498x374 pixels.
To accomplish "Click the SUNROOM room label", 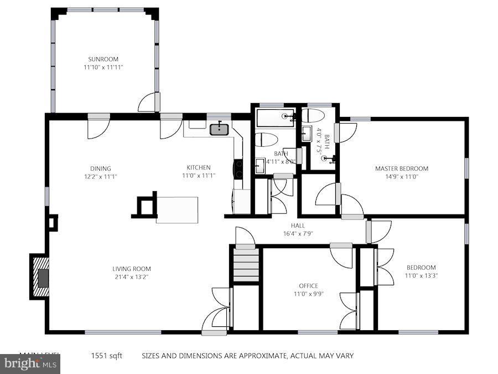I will tap(103, 59).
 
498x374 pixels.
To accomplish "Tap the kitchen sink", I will tap(220, 130).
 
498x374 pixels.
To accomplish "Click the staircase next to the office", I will tap(246, 265).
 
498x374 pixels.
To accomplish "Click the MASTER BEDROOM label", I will tap(401, 168).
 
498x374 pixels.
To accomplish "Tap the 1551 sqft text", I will tap(107, 356).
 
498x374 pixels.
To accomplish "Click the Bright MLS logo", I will tap(30, 364).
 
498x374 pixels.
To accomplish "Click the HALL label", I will tap(298, 226).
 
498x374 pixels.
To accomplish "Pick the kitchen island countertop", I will tap(177, 209).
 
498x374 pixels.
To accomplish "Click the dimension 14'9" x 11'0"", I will tap(401, 177).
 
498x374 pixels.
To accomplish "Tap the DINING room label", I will tap(101, 168).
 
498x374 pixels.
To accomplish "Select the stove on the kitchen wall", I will tap(239, 168).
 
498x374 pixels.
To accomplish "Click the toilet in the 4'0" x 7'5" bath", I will tap(313, 116).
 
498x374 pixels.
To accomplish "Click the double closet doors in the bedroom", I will tap(384, 267).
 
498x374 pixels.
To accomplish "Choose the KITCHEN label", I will tap(198, 167).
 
